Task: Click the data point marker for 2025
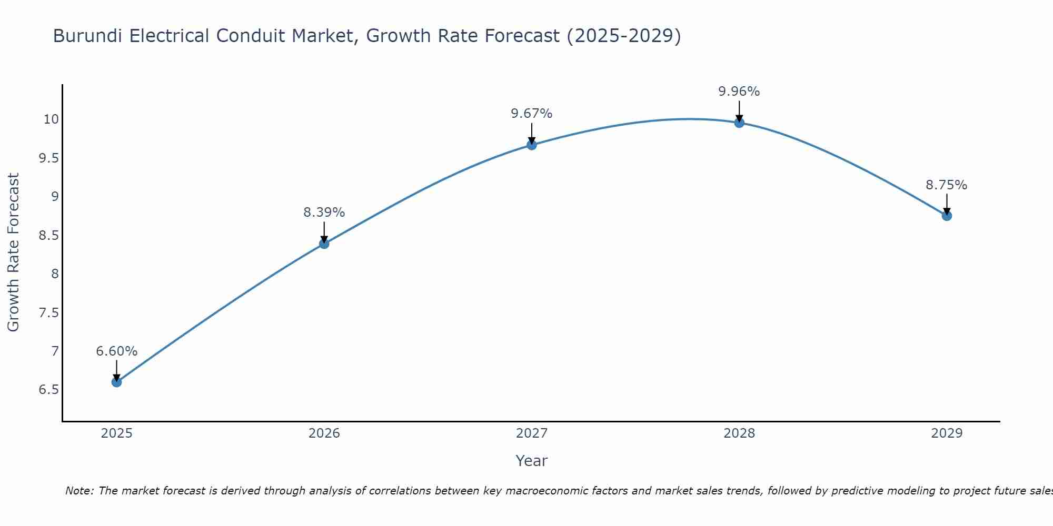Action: point(116,382)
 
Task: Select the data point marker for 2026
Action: point(324,244)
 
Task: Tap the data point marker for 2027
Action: point(531,145)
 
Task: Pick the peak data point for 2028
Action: point(739,123)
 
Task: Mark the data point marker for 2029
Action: point(946,216)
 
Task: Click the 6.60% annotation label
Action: point(116,351)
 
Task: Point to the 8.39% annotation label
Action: point(324,213)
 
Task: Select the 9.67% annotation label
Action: point(531,114)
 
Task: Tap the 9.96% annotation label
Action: point(739,92)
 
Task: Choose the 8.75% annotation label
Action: point(946,185)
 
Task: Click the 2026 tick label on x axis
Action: point(324,433)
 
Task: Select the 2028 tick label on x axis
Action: point(739,433)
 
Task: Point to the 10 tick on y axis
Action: point(51,119)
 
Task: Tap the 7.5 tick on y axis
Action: point(48,313)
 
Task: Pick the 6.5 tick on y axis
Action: point(48,390)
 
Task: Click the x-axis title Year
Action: point(531,461)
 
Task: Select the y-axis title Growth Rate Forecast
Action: point(13,252)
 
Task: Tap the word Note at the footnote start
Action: point(79,491)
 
